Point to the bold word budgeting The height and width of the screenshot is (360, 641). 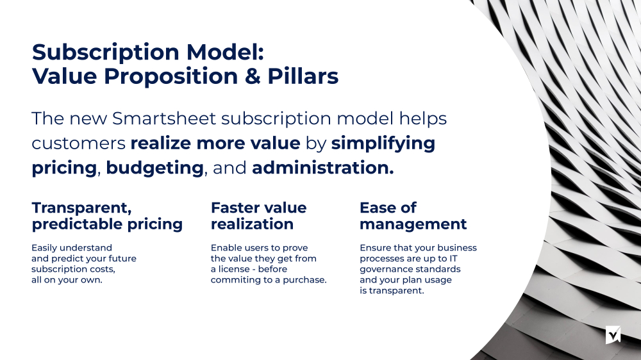tap(154, 168)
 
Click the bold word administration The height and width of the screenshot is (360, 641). tap(322, 168)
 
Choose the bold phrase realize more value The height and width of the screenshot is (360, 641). tap(215, 143)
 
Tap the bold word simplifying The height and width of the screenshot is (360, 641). tap(383, 143)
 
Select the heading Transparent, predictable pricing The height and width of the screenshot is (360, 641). tap(107, 216)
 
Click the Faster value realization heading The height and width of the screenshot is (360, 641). tap(258, 216)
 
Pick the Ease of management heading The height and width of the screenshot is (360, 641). tap(413, 216)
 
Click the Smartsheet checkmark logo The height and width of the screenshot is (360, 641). tap(613, 334)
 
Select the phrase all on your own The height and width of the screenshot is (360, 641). tap(66, 280)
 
